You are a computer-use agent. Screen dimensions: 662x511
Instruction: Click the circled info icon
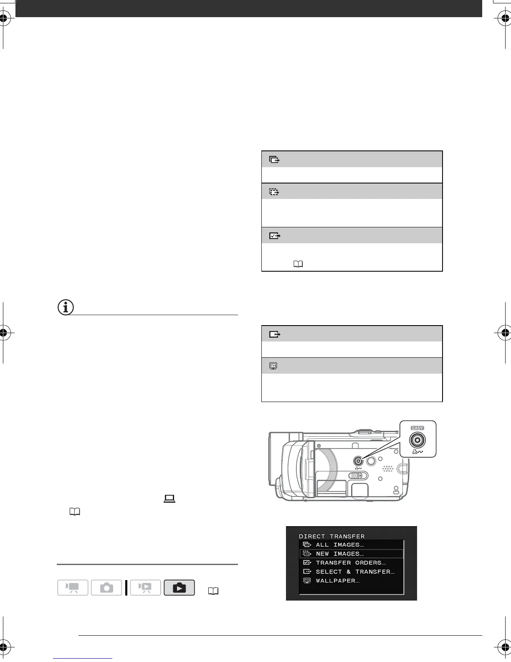point(65,308)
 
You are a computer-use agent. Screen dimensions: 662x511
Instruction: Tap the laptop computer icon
point(169,499)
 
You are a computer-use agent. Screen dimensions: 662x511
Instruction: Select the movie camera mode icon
point(73,588)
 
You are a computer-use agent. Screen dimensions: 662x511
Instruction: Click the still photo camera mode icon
point(106,588)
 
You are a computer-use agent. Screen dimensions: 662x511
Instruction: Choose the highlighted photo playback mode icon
point(179,588)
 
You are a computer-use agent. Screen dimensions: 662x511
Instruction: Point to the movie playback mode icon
point(145,588)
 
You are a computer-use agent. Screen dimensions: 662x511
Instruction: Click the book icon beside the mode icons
point(213,591)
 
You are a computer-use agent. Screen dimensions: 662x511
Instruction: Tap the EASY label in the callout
point(417,428)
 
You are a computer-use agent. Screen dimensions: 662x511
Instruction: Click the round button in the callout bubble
point(417,440)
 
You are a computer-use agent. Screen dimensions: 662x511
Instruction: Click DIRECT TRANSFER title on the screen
point(331,536)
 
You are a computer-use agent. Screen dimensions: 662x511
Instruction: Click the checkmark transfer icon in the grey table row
point(274,236)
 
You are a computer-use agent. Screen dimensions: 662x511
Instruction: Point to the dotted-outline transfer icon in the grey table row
point(274,192)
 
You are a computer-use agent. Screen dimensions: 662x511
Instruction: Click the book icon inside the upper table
point(298,264)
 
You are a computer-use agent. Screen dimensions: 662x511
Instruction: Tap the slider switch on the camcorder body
point(358,476)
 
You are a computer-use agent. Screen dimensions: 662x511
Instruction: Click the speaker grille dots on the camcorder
point(388,468)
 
